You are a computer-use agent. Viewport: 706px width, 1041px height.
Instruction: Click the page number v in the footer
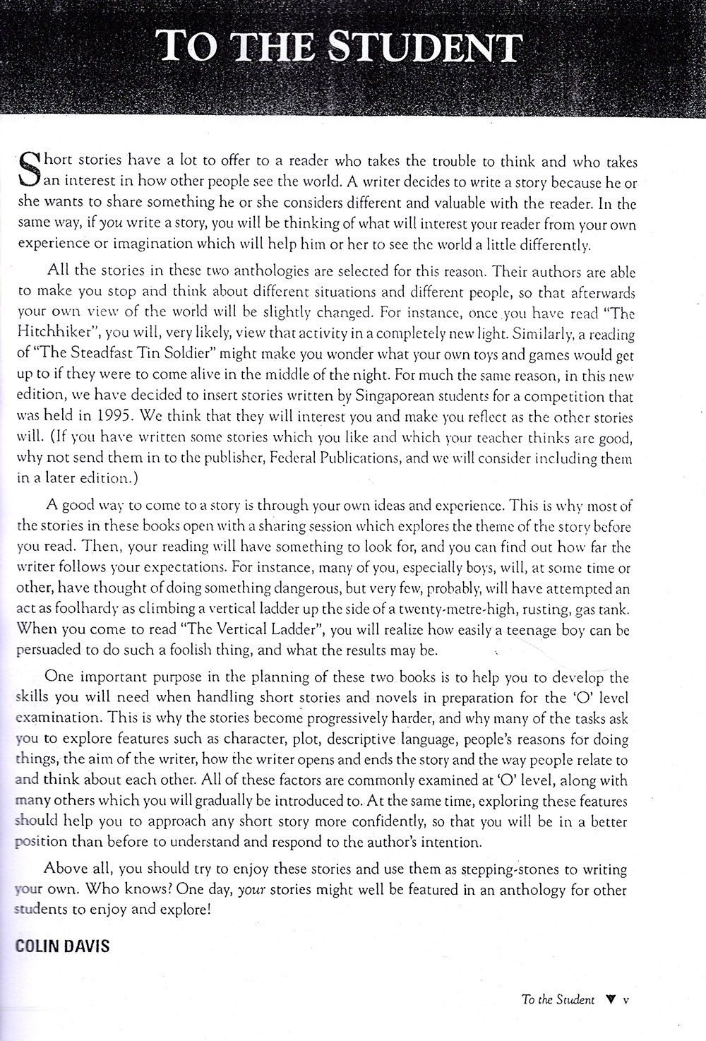pos(626,1000)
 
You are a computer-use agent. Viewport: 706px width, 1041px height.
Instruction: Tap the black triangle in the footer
pos(611,1000)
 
